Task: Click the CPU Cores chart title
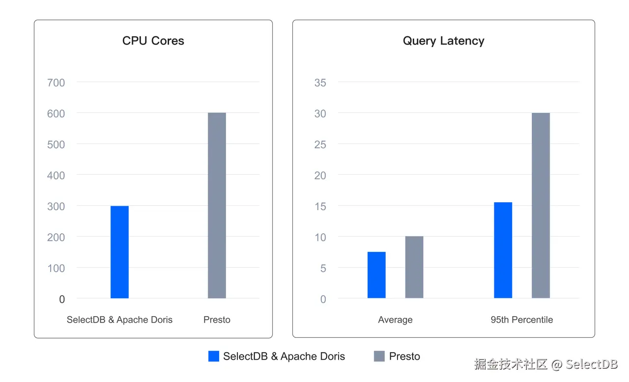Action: [153, 41]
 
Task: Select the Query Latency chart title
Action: [443, 41]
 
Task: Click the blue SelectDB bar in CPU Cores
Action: [119, 252]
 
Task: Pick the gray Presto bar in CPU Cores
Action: [217, 205]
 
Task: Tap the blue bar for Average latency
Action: [376, 275]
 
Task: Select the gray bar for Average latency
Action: [414, 267]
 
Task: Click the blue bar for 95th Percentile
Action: [503, 250]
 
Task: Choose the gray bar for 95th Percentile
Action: [541, 205]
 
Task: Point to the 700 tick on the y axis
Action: [56, 82]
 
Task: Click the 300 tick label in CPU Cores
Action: [56, 206]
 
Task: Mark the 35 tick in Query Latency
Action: [320, 82]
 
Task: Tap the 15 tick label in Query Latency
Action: [320, 206]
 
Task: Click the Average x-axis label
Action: [395, 320]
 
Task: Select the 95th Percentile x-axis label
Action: [521, 320]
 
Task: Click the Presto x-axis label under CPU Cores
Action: [217, 320]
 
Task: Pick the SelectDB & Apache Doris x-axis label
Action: [119, 320]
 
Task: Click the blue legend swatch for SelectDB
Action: [214, 356]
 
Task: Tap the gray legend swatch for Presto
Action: [379, 356]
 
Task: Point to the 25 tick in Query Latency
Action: [320, 144]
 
